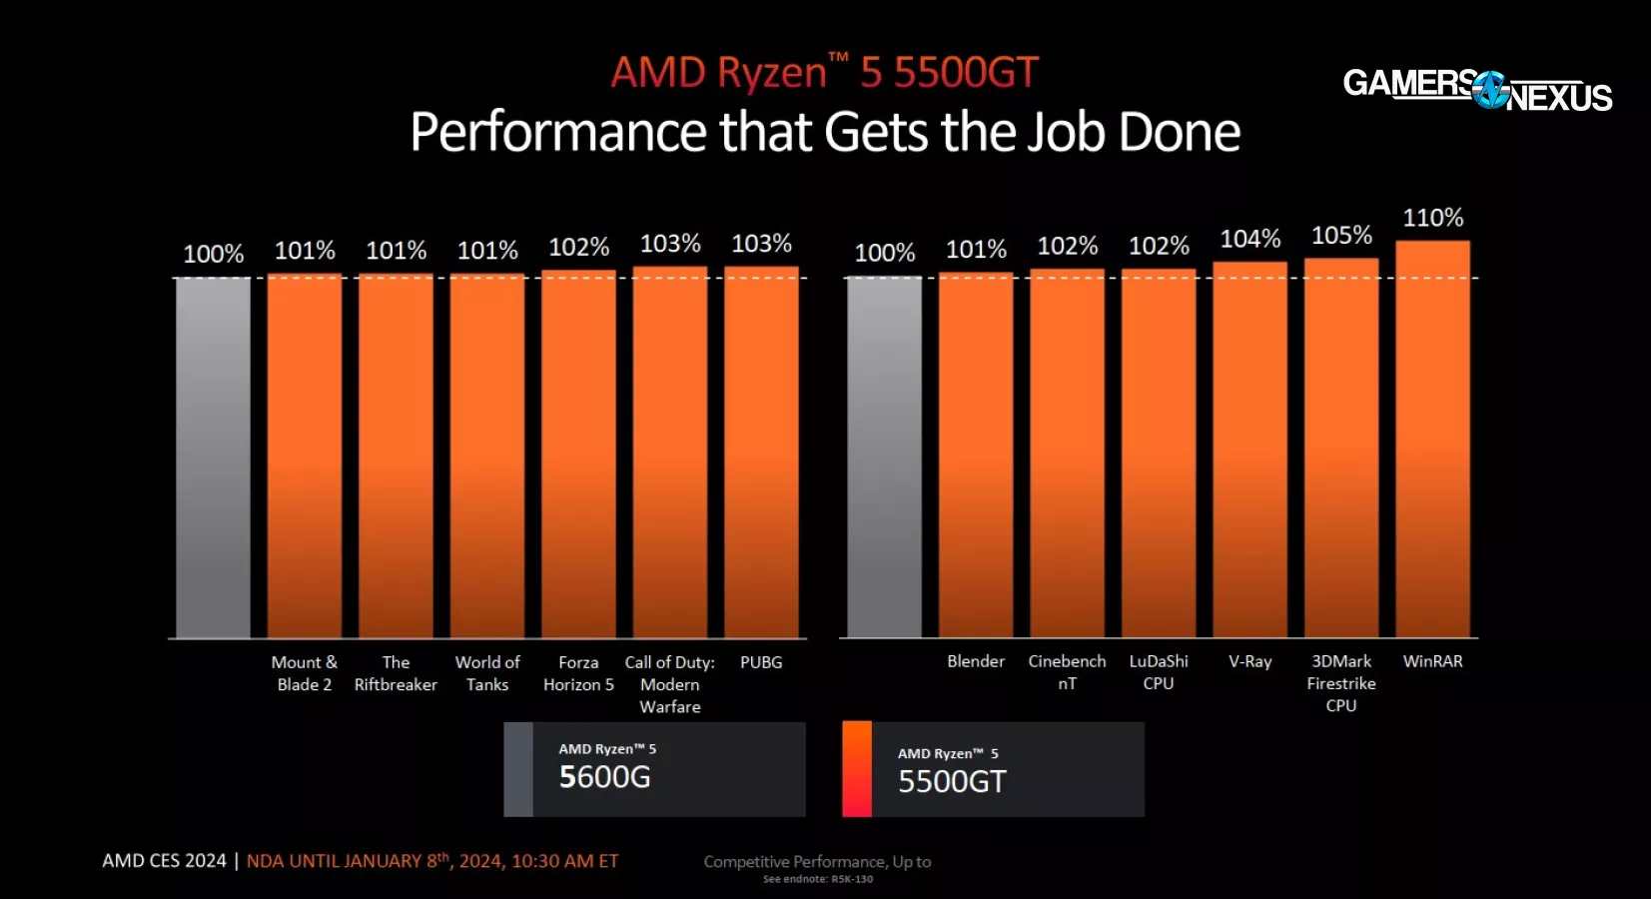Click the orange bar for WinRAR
1432,439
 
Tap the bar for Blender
976,454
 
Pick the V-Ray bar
1249,449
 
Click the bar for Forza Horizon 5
578,453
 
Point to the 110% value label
1432,218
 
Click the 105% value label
1341,236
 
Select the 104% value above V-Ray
1249,239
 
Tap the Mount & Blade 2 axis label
305,673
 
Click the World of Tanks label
487,673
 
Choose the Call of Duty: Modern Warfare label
670,684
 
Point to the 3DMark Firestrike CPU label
1341,683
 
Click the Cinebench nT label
1067,672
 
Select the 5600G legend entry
654,769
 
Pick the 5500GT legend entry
993,769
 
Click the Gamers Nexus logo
1477,90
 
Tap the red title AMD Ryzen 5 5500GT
824,73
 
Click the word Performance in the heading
559,133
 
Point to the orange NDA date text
432,861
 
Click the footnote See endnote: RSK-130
817,880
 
